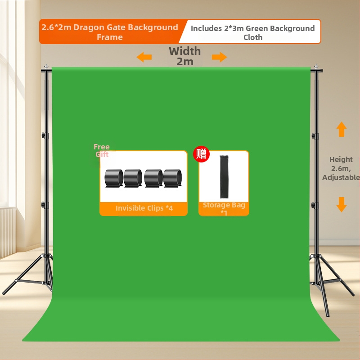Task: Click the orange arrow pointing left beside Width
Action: pos(144,57)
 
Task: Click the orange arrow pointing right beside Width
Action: pos(220,57)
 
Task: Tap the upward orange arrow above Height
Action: pos(342,129)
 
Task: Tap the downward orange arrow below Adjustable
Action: pos(342,204)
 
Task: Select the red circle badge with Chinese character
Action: pos(201,154)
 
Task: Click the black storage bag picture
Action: pos(224,177)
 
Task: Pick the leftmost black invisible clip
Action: pos(113,178)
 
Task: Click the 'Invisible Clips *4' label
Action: pos(144,208)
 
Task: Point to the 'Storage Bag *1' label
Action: pos(224,208)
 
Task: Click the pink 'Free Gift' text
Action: pos(102,150)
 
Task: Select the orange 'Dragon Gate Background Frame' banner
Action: pos(110,32)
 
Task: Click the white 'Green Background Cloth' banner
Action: pos(252,32)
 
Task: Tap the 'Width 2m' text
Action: pos(184,56)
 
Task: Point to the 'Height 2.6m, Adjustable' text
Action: pos(341,168)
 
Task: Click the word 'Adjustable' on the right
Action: pos(341,177)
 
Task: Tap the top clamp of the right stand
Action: pos(316,69)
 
